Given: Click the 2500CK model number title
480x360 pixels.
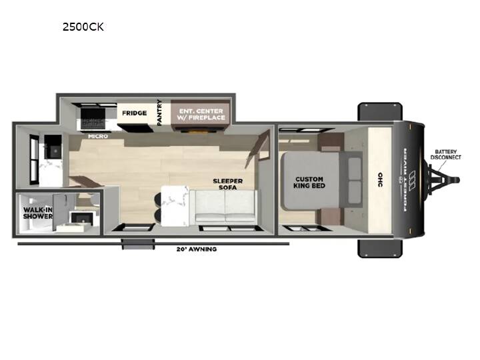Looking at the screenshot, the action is point(83,27).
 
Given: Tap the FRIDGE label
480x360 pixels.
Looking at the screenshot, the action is point(135,113).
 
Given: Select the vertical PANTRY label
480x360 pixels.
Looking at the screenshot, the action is point(159,113).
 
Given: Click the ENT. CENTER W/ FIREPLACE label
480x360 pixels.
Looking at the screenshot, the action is point(202,114).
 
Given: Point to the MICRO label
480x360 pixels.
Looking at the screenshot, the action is point(98,136).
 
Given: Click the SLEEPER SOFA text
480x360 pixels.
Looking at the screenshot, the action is point(228,184).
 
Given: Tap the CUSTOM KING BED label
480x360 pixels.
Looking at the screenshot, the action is point(309,182).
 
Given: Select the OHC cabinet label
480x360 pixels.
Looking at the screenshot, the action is point(380,180).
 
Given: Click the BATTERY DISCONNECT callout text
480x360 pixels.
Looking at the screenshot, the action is point(446,155).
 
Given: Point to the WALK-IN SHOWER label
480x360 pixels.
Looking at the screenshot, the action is point(37,213).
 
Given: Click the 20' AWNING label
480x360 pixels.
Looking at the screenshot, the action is point(197,249).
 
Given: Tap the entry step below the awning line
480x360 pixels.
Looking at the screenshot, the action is point(138,244).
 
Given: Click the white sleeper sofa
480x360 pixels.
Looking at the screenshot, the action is point(223,206).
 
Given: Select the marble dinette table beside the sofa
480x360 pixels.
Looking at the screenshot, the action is point(175,206).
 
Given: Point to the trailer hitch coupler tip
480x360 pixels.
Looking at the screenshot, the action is point(457,180).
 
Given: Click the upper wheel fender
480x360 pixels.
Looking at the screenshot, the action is point(380,112).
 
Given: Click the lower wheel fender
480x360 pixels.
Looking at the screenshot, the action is point(380,248).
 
